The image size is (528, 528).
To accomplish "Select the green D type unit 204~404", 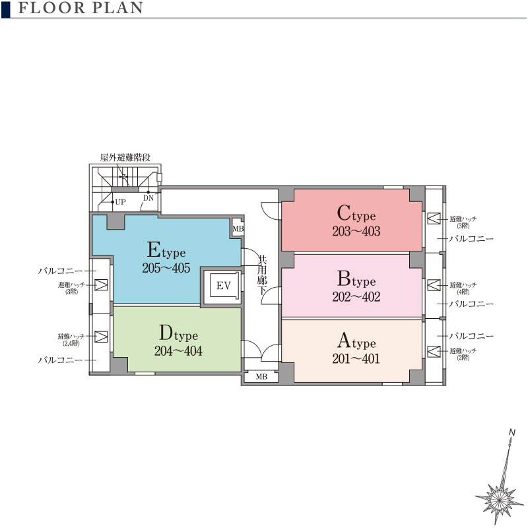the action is coord(178,339).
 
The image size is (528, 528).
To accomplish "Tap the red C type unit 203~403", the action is coord(352,220).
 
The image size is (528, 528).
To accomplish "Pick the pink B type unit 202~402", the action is coord(352,286).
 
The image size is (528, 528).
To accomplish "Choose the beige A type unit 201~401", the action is coord(352,351).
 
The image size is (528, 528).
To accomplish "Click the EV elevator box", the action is coord(223,286).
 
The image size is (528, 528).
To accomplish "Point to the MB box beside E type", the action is coord(238,228).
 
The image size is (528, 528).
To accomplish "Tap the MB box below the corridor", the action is coord(261,377).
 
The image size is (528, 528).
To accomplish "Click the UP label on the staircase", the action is coord(120,202).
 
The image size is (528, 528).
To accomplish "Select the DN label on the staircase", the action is coord(148,198).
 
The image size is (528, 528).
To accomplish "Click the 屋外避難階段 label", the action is coord(125,157).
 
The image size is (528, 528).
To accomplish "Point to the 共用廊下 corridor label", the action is coord(262,275).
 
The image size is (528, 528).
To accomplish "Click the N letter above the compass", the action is coord(512,432).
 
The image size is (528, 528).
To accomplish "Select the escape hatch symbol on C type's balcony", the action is coord(434,218).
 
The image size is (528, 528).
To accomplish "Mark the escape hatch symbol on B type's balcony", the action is coord(434,285).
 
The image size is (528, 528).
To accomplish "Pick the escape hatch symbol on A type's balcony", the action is coord(434,351).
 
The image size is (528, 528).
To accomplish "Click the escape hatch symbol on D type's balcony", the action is coord(101,337).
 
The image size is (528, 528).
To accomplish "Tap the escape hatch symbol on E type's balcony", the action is coord(101,285).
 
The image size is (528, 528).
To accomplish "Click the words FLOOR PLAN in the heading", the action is coord(81,8).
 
